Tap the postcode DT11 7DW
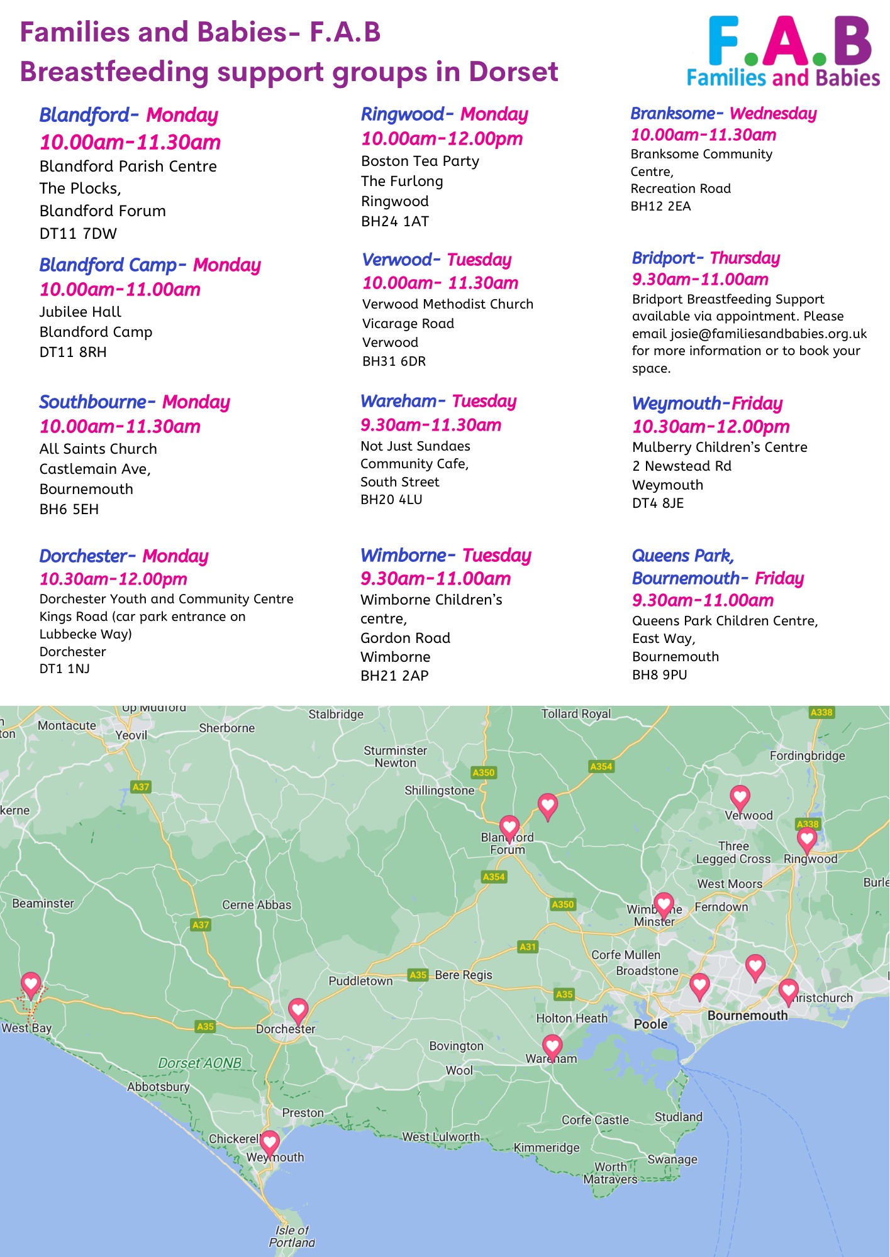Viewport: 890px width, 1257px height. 78,234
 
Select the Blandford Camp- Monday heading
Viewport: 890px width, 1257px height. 150,265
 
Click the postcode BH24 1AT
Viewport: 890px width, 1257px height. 395,222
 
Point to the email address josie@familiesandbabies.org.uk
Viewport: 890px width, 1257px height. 769,334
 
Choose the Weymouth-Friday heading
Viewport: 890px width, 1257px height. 707,403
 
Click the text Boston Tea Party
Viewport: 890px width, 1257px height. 420,162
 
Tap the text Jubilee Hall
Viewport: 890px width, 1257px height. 81,312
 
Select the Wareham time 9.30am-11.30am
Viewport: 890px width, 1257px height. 431,425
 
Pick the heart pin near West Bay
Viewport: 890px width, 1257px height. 31,984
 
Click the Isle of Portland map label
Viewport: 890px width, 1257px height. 292,1236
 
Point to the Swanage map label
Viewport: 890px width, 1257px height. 672,1159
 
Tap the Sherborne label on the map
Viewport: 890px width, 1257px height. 227,728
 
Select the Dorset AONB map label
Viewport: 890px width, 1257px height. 199,1063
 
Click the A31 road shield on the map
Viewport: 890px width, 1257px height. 528,947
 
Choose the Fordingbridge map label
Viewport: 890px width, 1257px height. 807,755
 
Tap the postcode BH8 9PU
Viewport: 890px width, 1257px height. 659,675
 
